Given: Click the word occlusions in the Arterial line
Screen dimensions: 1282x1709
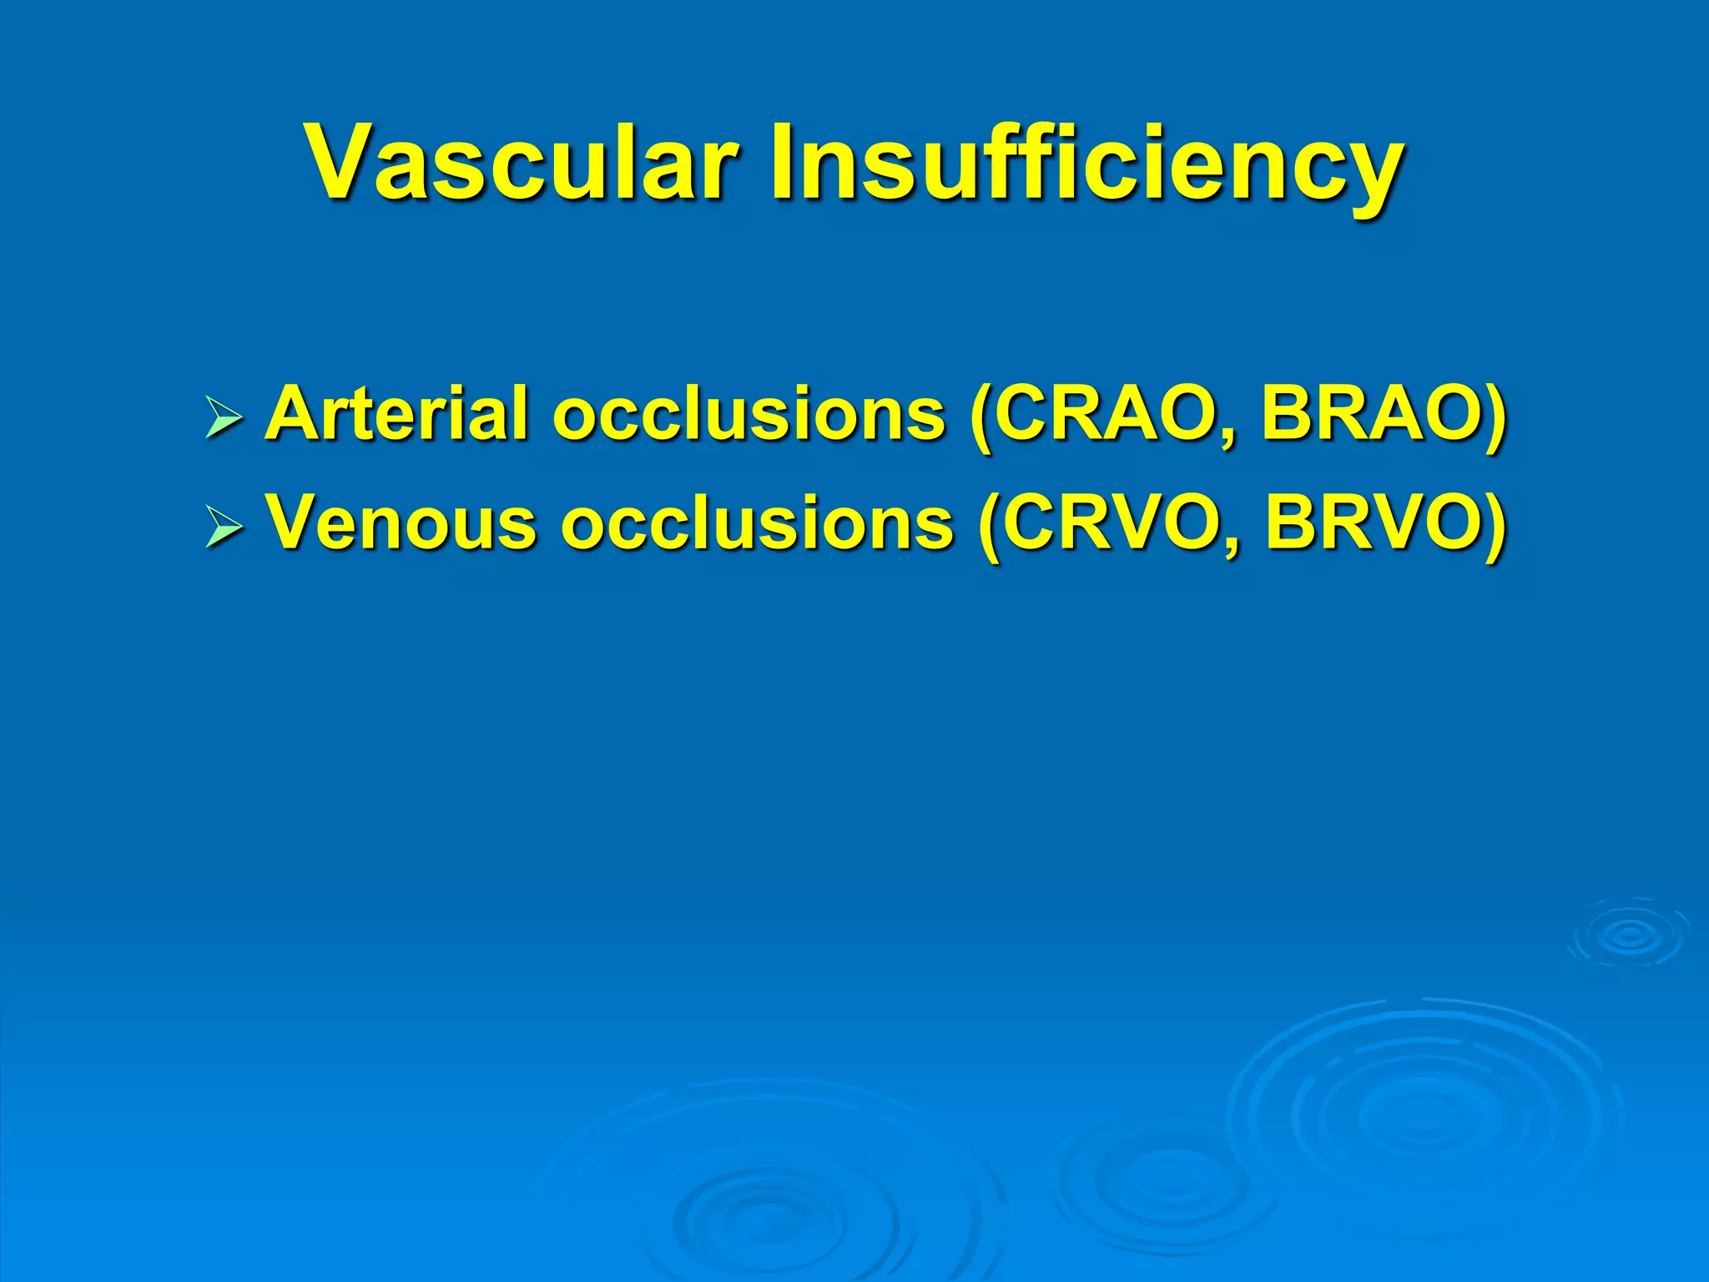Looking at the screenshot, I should pos(748,414).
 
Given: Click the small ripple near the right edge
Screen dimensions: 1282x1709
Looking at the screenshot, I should pos(1628,935).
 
